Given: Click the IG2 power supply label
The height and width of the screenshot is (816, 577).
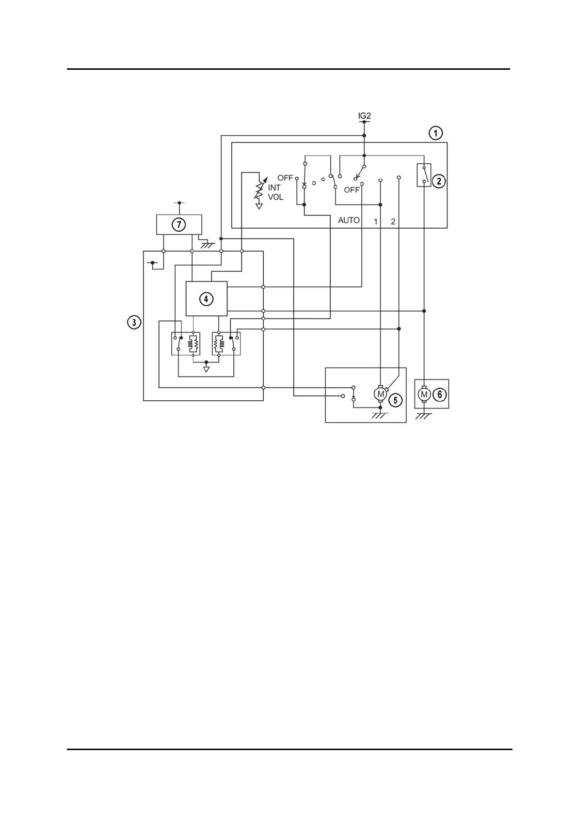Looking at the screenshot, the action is click(x=364, y=116).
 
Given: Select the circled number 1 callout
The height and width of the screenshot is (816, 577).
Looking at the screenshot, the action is click(x=436, y=133).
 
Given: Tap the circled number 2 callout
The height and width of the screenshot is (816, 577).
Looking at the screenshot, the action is click(x=438, y=181).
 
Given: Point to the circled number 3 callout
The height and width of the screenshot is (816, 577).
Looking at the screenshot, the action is click(x=134, y=322).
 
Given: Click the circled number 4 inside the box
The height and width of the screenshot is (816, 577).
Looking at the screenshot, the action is click(x=206, y=299).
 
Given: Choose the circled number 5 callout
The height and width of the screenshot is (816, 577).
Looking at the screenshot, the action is click(x=396, y=400).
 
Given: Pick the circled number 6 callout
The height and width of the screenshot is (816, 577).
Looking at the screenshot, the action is click(x=439, y=394).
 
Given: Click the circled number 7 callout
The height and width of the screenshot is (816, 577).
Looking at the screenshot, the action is click(x=179, y=224).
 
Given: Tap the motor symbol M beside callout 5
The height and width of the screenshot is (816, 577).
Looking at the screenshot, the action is click(x=381, y=394).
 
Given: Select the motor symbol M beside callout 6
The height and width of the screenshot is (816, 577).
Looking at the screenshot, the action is click(x=424, y=394).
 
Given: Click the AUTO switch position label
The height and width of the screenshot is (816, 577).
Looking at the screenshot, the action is click(x=349, y=220).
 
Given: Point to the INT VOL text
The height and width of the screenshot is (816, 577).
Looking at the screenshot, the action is click(x=275, y=192).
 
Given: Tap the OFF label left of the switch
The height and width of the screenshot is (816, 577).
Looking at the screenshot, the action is click(x=285, y=178).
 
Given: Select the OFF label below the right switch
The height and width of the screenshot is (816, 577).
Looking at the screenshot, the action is click(x=352, y=189).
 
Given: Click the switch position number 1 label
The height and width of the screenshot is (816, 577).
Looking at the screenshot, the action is click(x=375, y=222).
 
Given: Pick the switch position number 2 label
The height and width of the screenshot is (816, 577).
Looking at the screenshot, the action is click(x=393, y=222).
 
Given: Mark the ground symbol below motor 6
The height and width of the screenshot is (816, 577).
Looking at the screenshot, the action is click(x=424, y=416).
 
